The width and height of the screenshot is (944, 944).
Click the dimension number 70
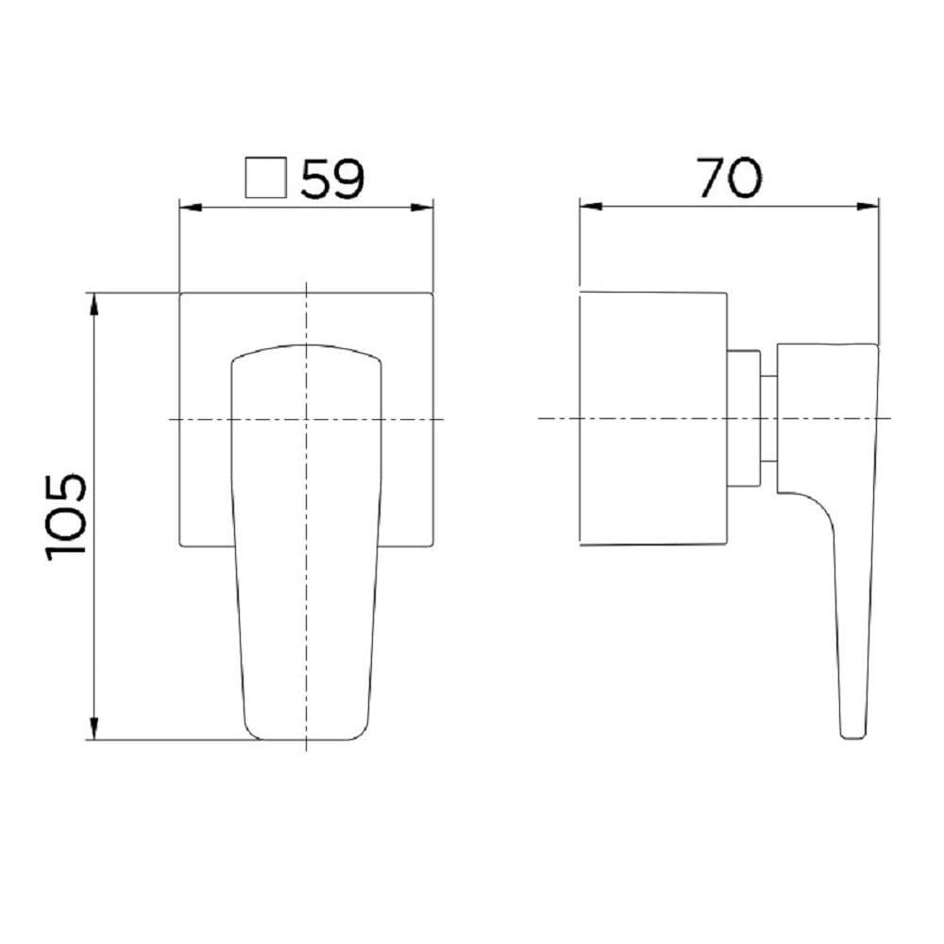click(729, 177)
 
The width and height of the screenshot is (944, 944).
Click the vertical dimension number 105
click(66, 516)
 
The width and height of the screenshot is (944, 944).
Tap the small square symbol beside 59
click(264, 177)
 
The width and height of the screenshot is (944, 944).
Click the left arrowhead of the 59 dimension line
click(186, 208)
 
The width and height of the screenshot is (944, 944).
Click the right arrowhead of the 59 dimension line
click(426, 208)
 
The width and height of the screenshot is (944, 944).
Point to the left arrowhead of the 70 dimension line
click(586, 205)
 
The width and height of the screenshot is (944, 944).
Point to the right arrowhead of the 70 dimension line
click(872, 205)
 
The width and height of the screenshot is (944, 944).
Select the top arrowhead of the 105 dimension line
click(94, 301)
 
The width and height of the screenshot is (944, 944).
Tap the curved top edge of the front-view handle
click(307, 346)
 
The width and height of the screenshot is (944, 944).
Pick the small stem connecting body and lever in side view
click(768, 419)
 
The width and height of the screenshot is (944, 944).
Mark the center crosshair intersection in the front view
click(307, 419)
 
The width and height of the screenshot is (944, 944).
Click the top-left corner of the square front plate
click(180, 294)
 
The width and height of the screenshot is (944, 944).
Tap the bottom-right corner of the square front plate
click(432, 545)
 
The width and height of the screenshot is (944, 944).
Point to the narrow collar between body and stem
click(744, 419)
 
